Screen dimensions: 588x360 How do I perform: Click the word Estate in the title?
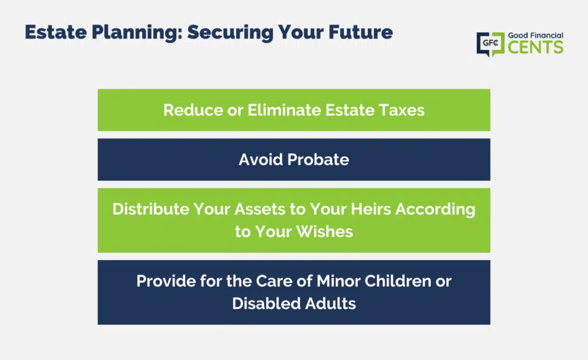56,32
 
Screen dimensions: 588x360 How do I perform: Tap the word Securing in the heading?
230,33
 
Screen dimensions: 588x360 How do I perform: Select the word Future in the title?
361,32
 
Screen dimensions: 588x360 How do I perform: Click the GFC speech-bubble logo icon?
490,44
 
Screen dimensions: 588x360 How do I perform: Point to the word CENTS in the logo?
536,47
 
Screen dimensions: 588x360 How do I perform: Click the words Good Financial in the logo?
536,35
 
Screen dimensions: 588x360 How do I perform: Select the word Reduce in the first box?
193,110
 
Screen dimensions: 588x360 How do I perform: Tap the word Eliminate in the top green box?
284,110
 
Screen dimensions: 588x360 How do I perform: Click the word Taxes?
401,110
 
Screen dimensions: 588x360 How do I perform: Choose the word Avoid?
261,160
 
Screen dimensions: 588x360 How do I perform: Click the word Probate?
318,160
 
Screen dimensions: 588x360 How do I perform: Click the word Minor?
338,281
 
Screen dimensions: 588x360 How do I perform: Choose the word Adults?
330,304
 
